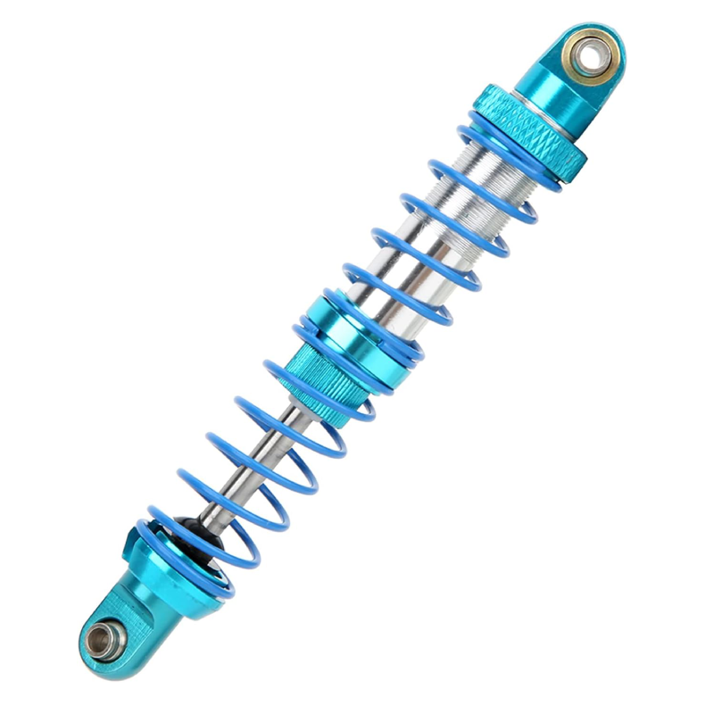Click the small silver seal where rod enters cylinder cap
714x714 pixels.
(295, 406)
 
